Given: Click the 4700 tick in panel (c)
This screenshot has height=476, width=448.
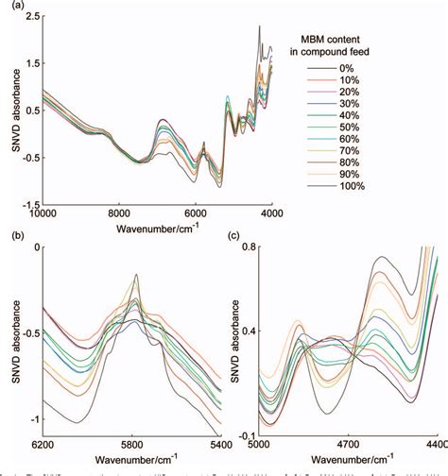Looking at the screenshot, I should (x=348, y=443).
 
